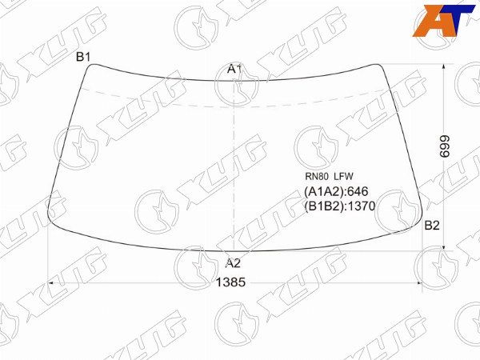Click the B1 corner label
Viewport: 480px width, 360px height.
pyautogui.click(x=82, y=57)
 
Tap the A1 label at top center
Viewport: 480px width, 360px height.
pyautogui.click(x=234, y=69)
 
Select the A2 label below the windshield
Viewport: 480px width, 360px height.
pyautogui.click(x=233, y=263)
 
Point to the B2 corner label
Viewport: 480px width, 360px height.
pyautogui.click(x=432, y=226)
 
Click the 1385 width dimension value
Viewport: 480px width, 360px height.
pyautogui.click(x=231, y=282)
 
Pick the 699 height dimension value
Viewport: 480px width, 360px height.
pyautogui.click(x=445, y=146)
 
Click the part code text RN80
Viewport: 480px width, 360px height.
pyautogui.click(x=317, y=176)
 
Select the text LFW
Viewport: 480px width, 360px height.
pyautogui.click(x=343, y=176)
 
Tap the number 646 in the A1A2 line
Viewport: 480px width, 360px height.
pyautogui.click(x=358, y=192)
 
